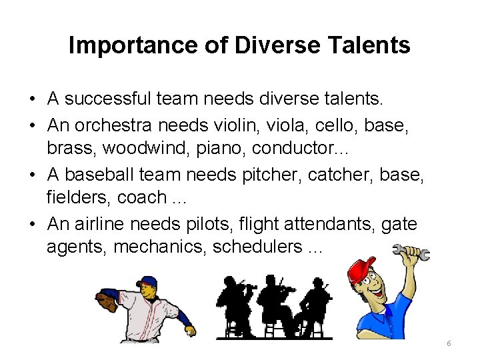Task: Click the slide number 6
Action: click(449, 343)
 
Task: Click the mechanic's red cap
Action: click(361, 270)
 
